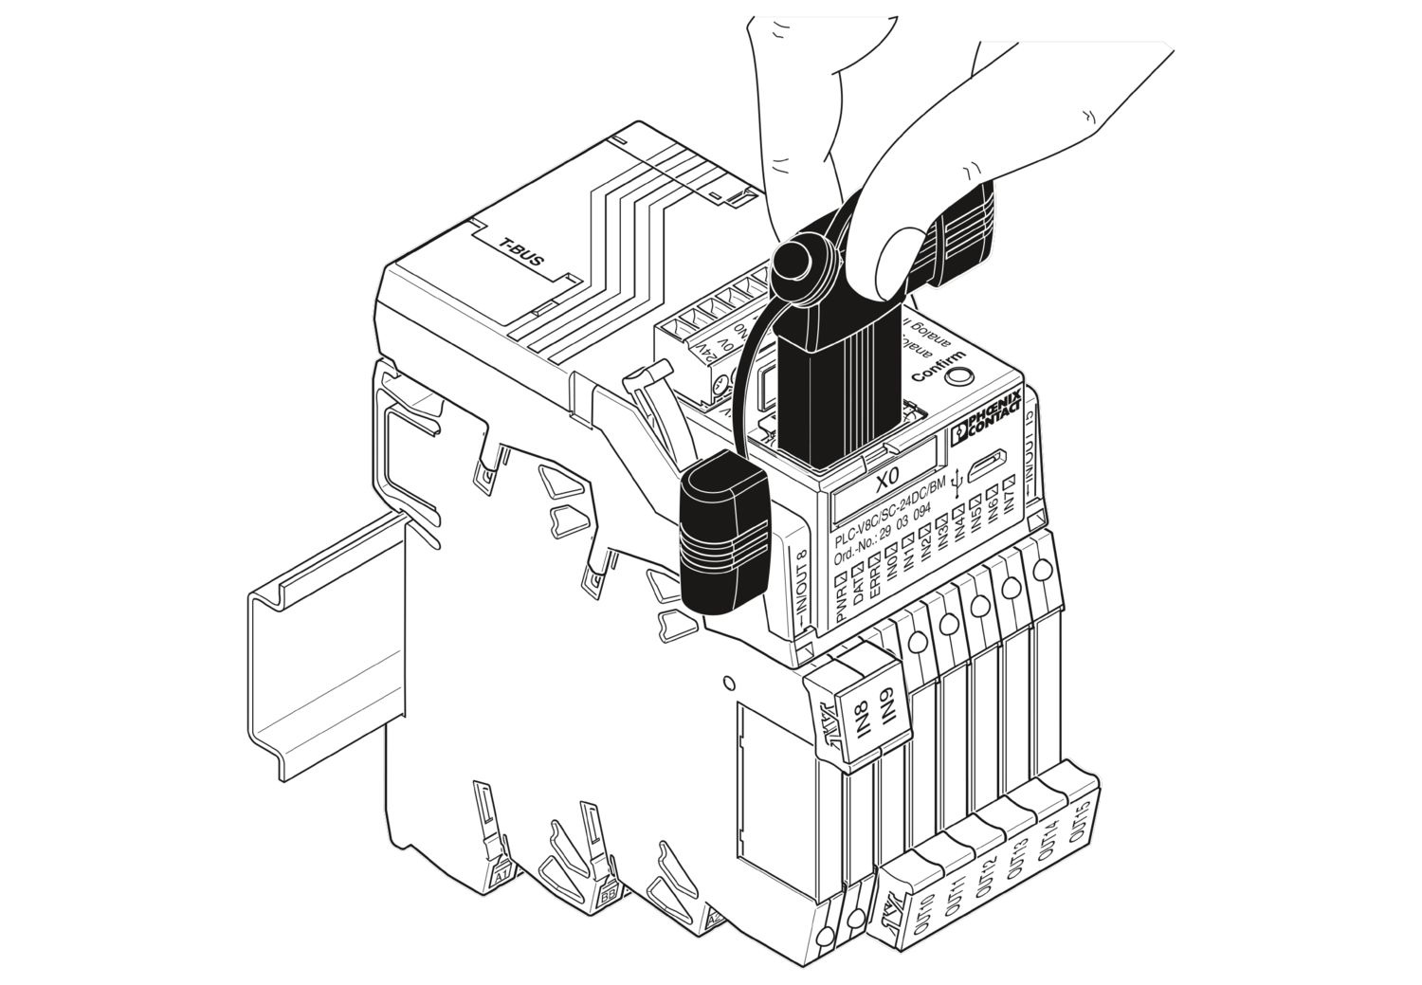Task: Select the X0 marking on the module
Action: pyautogui.click(x=886, y=482)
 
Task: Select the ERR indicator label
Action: pyautogui.click(x=875, y=578)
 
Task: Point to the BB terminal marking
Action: pyautogui.click(x=608, y=895)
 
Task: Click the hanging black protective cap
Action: pyautogui.click(x=724, y=534)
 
